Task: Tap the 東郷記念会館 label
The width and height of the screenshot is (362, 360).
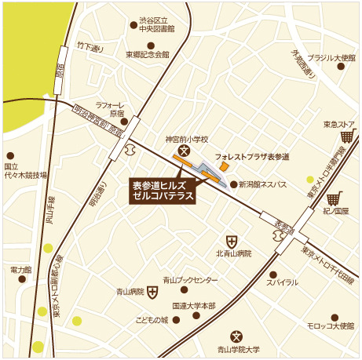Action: point(147,55)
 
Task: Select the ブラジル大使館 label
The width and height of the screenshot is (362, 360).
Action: point(331,58)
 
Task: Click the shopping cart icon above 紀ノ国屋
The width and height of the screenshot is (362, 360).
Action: point(336,199)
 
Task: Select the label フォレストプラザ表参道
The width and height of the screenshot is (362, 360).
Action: point(252,157)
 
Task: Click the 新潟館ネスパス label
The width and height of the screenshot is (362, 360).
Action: point(263,185)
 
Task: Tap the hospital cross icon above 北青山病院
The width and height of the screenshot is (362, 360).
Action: point(232,241)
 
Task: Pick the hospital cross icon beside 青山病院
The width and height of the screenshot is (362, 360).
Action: point(152,292)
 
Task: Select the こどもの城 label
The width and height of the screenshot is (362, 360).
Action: point(152,320)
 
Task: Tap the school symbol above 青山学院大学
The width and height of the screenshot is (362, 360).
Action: point(235,335)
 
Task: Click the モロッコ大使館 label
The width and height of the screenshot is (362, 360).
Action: point(331,325)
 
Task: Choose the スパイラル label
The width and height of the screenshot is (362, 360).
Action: point(282,282)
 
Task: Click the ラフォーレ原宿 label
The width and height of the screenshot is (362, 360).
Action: point(106,108)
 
